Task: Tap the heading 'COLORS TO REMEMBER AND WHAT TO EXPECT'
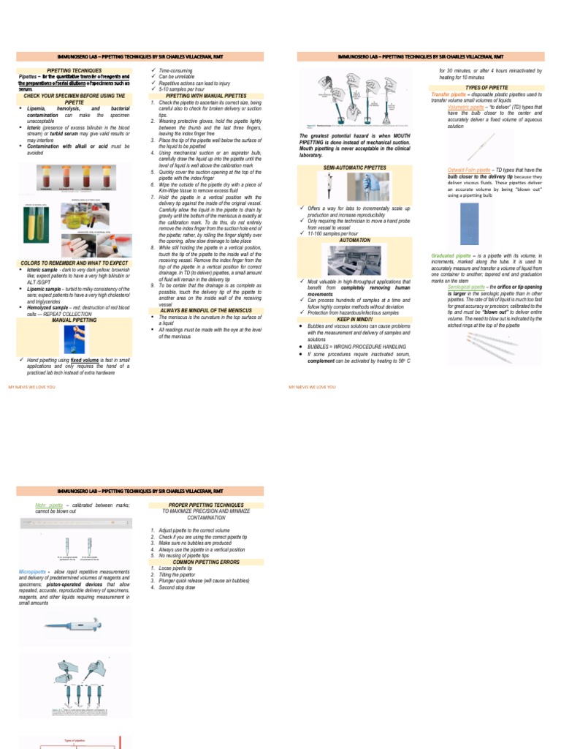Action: (75, 263)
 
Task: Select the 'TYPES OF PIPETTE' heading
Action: (486, 87)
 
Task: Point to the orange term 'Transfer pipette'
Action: (453, 94)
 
